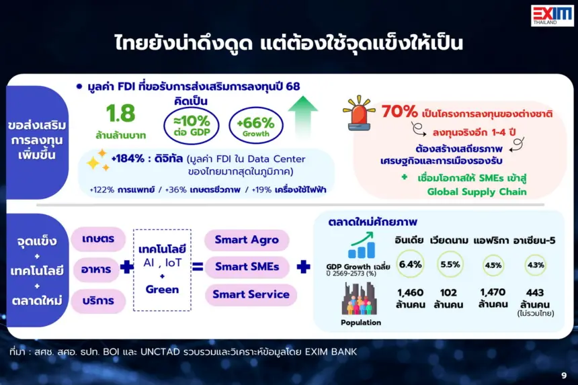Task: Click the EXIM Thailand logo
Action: [x=552, y=15]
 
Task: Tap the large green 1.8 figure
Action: [x=120, y=113]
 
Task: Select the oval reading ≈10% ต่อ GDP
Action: [x=192, y=125]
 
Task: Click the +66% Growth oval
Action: [x=256, y=126]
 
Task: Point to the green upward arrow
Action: [x=302, y=117]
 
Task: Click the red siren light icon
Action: [x=358, y=113]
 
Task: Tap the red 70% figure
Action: [x=399, y=112]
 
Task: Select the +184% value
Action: [x=128, y=159]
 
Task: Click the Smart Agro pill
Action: [x=247, y=240]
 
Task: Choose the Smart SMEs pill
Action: [x=247, y=267]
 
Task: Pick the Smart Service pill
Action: [x=251, y=294]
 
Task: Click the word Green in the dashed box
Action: [x=162, y=290]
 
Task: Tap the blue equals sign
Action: [x=198, y=267]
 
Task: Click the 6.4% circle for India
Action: [x=410, y=264]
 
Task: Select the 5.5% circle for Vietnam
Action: [x=450, y=264]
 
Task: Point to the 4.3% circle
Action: [x=535, y=265]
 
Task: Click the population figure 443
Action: [x=535, y=292]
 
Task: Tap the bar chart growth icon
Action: [x=362, y=245]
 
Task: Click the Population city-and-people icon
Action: [x=359, y=298]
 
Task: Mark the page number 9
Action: [x=564, y=376]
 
